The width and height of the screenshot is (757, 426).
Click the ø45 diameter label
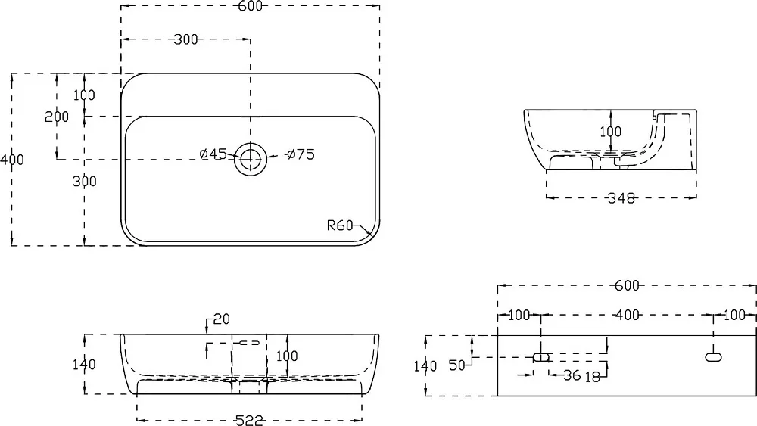(213, 154)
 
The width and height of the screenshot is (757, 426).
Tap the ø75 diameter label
(301, 154)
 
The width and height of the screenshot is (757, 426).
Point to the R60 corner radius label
(340, 225)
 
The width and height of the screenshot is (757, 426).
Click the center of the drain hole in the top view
(251, 159)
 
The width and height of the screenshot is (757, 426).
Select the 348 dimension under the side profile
(621, 197)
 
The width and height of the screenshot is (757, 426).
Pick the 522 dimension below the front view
(249, 421)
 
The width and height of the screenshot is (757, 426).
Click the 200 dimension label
(57, 117)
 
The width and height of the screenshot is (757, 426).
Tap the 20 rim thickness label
(222, 319)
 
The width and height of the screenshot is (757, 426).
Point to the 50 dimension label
(457, 365)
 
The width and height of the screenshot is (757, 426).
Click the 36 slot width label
(572, 375)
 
